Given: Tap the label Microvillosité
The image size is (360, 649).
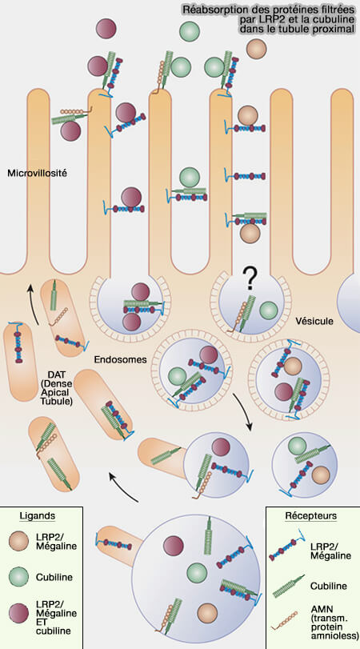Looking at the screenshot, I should (x=37, y=172).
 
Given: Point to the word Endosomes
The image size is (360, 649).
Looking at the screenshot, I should (x=121, y=360).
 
